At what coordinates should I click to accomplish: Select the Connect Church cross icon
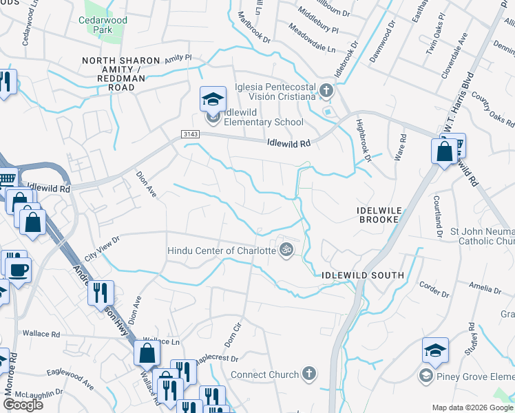(x=309, y=374)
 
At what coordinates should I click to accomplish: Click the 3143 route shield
(x=190, y=135)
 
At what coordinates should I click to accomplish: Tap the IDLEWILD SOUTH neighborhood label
(x=363, y=275)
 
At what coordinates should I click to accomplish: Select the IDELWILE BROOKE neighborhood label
(x=378, y=213)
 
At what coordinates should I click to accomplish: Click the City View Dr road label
(x=101, y=248)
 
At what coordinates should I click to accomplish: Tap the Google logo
(x=22, y=405)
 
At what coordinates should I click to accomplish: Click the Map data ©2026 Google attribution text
(x=472, y=407)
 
